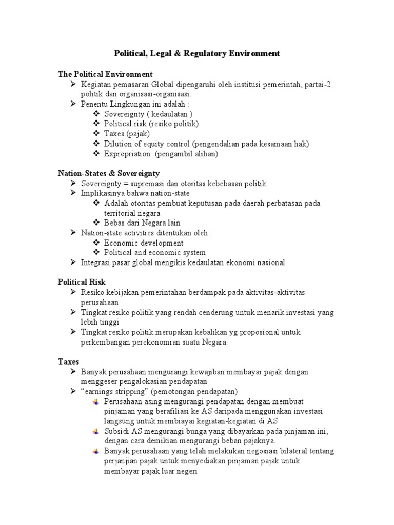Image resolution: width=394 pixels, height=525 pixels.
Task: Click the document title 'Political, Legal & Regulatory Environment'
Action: coord(196,53)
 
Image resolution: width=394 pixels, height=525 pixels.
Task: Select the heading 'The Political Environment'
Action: coord(105,74)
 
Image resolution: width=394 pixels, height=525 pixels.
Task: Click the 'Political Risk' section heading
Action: coord(82,282)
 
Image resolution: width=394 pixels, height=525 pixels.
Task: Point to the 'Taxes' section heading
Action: coord(68,361)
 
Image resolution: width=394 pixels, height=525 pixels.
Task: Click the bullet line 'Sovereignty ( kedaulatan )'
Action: coord(148,114)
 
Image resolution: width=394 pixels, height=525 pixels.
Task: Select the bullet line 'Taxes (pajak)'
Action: coord(127,134)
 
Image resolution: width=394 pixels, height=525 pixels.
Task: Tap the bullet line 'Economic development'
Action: coord(144,243)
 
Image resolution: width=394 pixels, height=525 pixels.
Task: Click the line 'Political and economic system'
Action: coord(154,253)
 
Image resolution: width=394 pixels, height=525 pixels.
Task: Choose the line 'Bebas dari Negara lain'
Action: coord(142,223)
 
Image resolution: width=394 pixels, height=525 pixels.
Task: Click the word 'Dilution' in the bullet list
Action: coord(118,144)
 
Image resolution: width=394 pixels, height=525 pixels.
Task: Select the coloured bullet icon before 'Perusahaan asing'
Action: coord(96,402)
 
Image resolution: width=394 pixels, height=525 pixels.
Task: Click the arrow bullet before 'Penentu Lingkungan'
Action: coord(73,104)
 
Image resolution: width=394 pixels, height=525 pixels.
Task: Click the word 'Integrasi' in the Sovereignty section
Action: coord(96,262)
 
